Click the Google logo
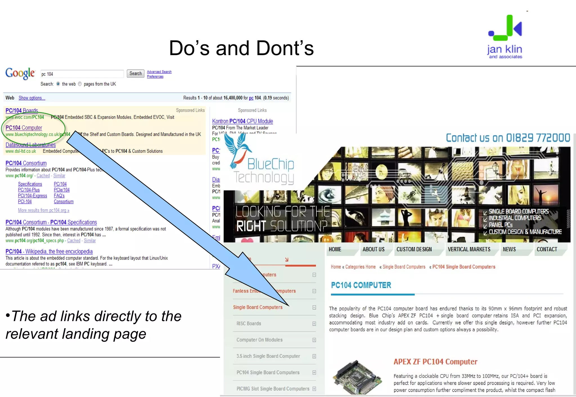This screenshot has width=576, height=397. (x=20, y=73)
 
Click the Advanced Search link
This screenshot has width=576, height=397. (x=159, y=72)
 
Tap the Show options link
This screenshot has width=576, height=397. (x=32, y=98)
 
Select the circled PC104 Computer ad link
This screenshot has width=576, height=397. (x=24, y=128)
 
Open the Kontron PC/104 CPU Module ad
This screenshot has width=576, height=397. (x=242, y=121)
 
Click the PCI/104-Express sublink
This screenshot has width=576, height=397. (x=32, y=196)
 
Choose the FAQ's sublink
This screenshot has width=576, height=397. (x=59, y=196)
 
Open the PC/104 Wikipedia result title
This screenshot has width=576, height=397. (x=49, y=251)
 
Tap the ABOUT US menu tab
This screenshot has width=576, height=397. (x=373, y=249)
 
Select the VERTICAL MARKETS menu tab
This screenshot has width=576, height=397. (x=469, y=249)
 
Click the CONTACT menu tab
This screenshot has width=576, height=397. (x=547, y=249)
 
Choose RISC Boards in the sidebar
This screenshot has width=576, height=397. (x=249, y=324)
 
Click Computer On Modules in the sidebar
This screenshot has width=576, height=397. (x=259, y=340)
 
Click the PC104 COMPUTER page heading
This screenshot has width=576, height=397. (x=361, y=285)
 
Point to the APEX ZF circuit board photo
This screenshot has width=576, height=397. (x=357, y=376)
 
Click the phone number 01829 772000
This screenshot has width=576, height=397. (x=538, y=138)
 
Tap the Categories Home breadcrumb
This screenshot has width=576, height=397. (x=360, y=267)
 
